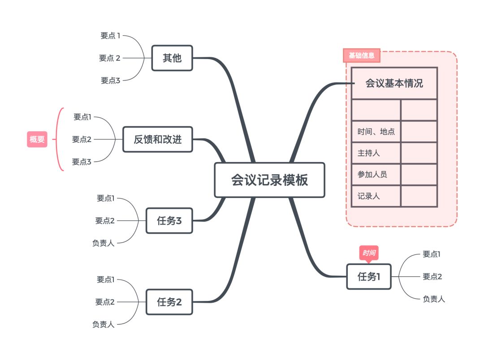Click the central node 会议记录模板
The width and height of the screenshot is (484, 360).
(x=269, y=180)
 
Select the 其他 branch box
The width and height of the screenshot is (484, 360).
(x=172, y=58)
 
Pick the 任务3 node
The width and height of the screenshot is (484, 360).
(x=169, y=220)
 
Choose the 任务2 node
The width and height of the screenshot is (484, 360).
(x=169, y=302)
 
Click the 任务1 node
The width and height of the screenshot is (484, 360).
(x=368, y=277)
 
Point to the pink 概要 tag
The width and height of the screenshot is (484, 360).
(x=37, y=139)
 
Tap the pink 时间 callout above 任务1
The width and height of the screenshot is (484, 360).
(x=369, y=253)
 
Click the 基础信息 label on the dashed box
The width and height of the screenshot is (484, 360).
(x=361, y=56)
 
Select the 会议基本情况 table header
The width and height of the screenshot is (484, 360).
(x=394, y=83)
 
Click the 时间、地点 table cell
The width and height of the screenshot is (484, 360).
(x=376, y=132)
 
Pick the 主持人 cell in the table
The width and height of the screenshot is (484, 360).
(x=376, y=153)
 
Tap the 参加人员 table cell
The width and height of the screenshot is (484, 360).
(x=376, y=175)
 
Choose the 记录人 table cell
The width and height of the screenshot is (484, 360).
(x=376, y=196)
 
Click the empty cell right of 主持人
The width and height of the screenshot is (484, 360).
(x=419, y=153)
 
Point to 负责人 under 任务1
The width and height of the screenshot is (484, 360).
(x=433, y=299)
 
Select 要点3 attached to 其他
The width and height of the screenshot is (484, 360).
(x=111, y=81)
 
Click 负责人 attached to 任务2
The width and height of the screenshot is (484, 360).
(x=104, y=324)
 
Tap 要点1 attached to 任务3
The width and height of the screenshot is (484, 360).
(x=106, y=198)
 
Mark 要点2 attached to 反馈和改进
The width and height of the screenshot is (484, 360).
(x=82, y=139)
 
